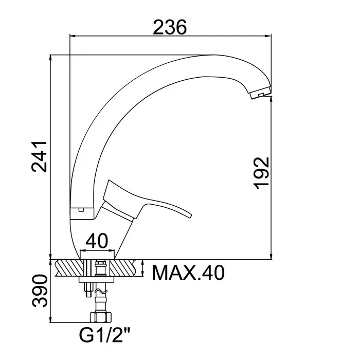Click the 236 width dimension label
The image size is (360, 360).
click(x=170, y=27)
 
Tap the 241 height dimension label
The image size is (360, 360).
click(x=39, y=157)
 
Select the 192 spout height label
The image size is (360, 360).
click(x=261, y=173)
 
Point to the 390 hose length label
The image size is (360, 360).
click(x=40, y=291)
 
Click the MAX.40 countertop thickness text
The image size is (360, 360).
click(x=188, y=273)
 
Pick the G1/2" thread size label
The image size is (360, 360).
click(x=105, y=335)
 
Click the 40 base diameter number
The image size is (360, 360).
click(x=97, y=241)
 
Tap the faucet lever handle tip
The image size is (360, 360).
click(x=190, y=215)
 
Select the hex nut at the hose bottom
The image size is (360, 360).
click(x=101, y=317)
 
